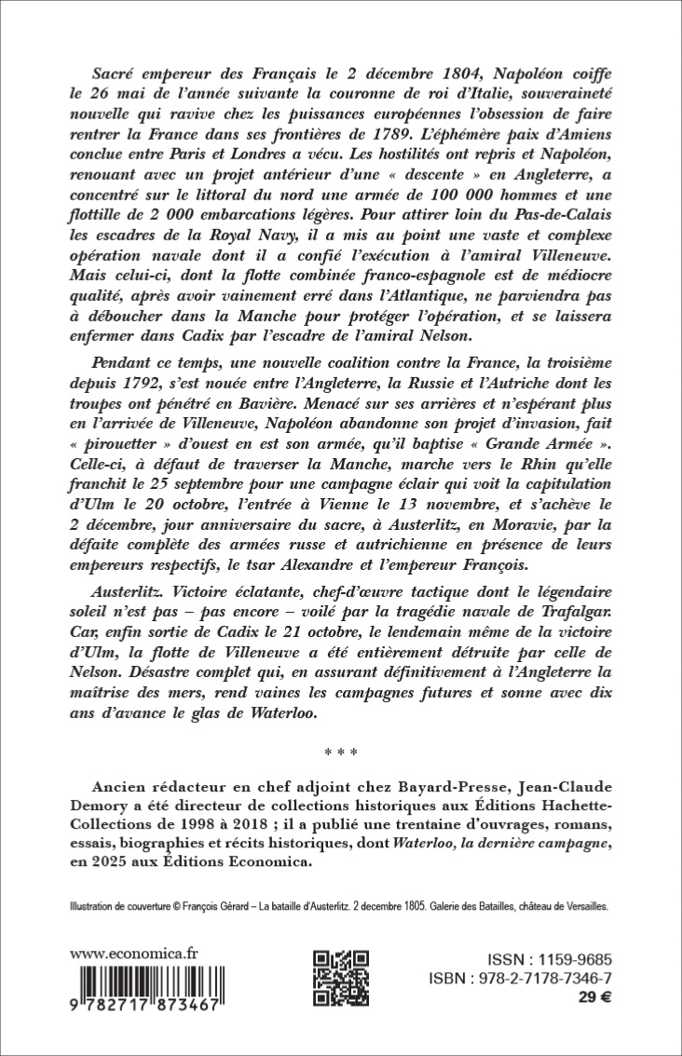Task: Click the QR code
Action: pos(339,981)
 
